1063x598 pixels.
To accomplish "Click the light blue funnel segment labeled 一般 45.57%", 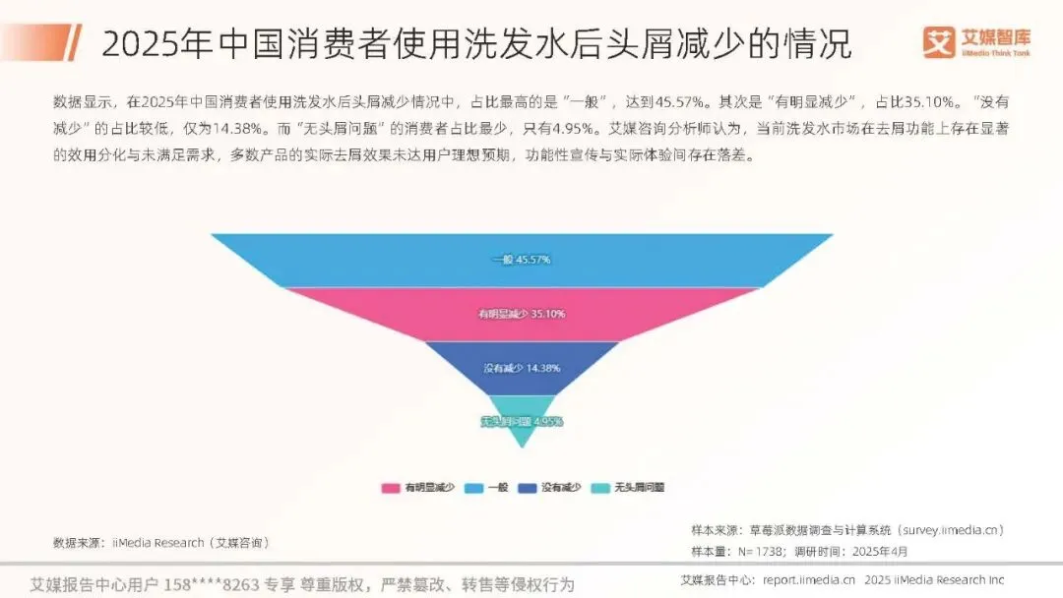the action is pos(522,260).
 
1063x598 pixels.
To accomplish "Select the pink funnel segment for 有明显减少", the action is pos(522,314).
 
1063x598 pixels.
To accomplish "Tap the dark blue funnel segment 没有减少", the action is pos(522,368).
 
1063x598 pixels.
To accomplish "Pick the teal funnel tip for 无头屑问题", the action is pos(522,422).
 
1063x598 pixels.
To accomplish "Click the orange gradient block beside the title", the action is pos(44,43).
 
